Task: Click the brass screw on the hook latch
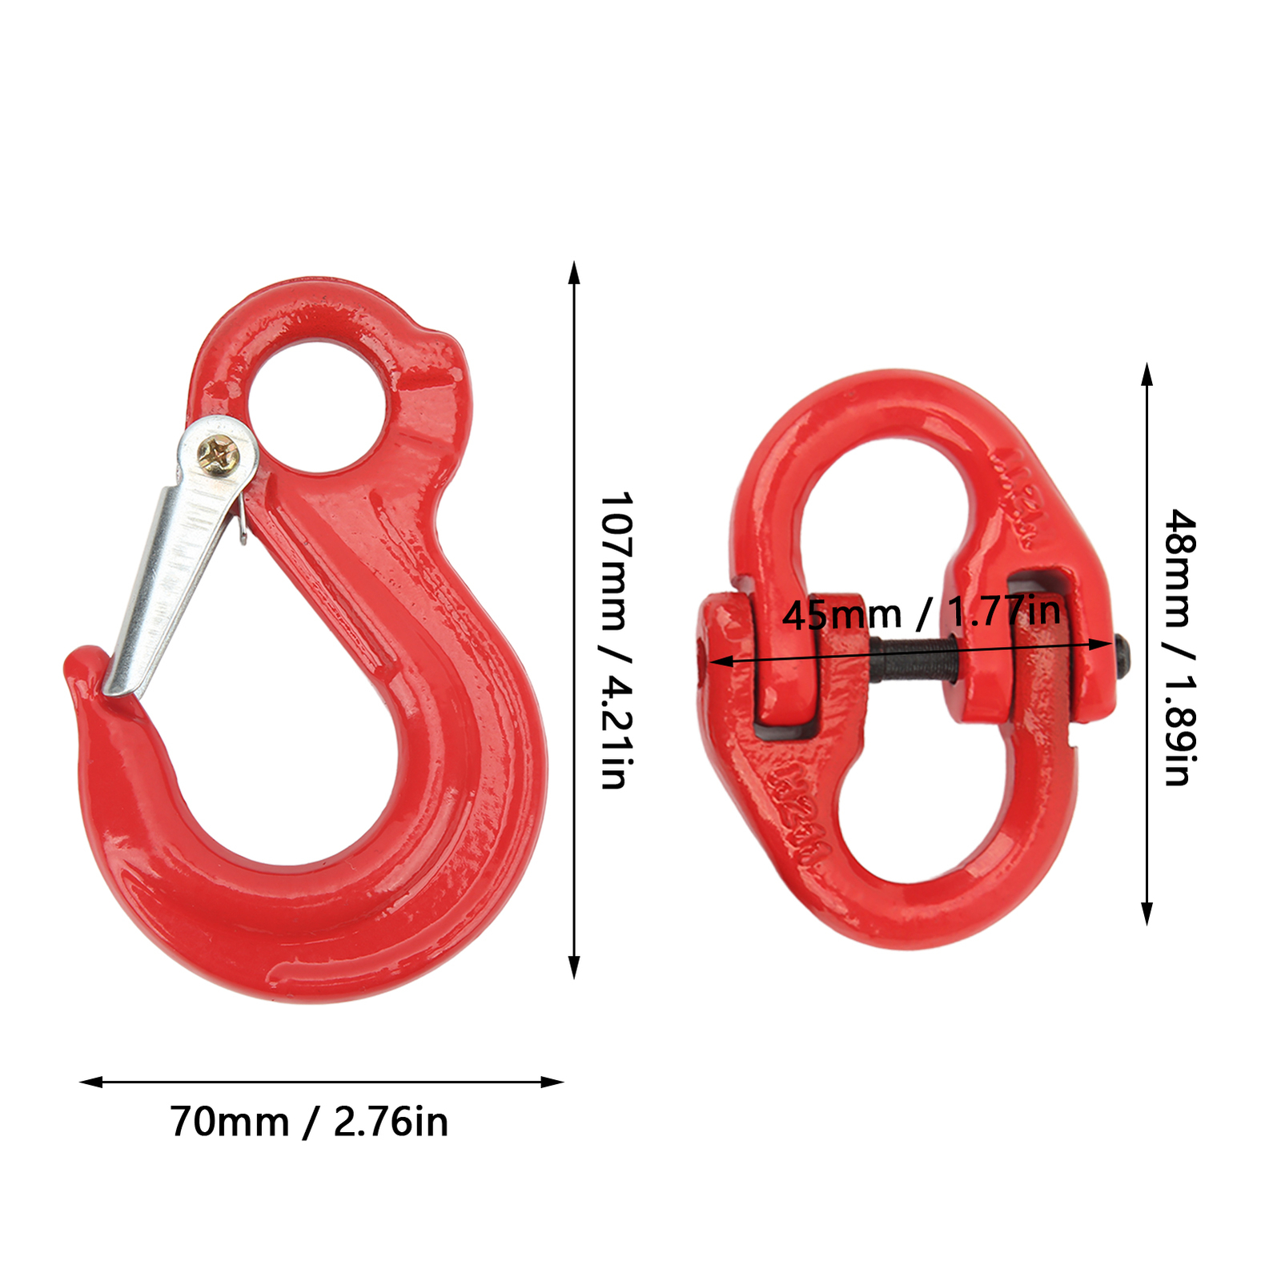[217, 456]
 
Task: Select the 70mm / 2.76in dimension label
[309, 1122]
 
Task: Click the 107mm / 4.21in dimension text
[617, 640]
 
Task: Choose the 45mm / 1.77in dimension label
[921, 613]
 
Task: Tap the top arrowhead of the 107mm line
[574, 272]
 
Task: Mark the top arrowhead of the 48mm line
[1146, 375]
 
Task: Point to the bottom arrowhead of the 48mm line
[1146, 914]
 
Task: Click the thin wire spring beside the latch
[242, 520]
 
